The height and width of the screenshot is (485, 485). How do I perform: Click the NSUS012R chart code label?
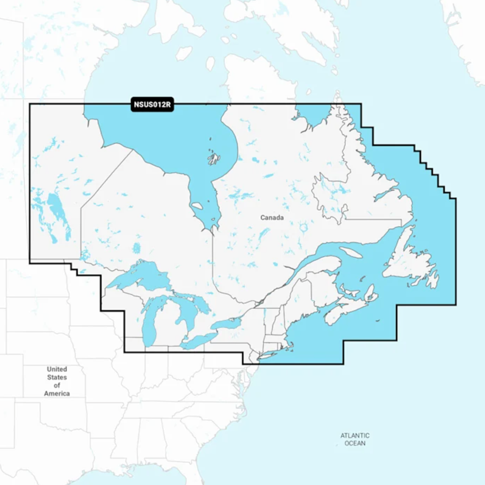click(152, 105)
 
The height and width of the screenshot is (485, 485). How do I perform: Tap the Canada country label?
click(272, 218)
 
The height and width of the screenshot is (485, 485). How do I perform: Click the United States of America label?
click(57, 381)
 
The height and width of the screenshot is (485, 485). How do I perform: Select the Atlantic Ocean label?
click(355, 439)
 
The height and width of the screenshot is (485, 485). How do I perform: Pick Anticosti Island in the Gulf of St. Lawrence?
click(351, 252)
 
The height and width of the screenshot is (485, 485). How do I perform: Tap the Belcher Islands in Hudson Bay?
click(213, 158)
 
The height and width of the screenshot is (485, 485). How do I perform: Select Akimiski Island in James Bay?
click(197, 206)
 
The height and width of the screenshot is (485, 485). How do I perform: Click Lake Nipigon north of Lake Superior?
click(137, 248)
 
